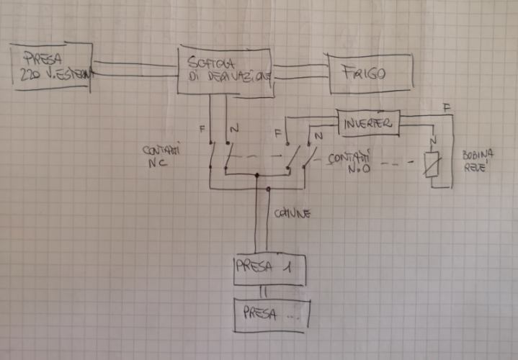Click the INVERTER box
click(x=367, y=122)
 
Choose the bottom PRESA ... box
click(x=270, y=315)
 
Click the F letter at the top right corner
click(x=447, y=107)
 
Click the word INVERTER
click(x=367, y=122)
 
